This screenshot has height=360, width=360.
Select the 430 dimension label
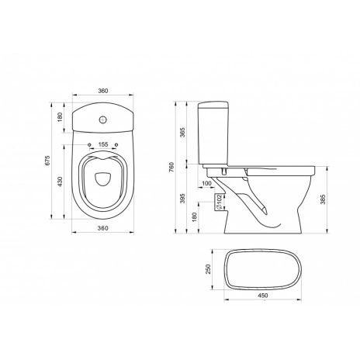[x=60, y=182]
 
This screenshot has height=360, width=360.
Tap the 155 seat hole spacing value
[x=103, y=144]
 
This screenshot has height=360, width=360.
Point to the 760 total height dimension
[x=172, y=167]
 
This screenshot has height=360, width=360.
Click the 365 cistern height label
[x=182, y=133]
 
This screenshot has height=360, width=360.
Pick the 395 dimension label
[x=182, y=199]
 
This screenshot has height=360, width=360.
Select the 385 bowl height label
[x=323, y=199]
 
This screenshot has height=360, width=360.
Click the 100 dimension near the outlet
[x=206, y=183]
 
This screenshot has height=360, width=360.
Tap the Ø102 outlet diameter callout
[x=219, y=202]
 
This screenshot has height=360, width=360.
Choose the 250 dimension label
[x=209, y=269]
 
